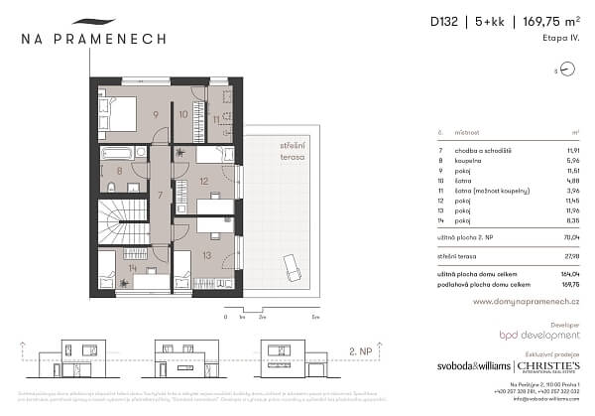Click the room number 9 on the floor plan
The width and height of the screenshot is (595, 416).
click(x=157, y=114)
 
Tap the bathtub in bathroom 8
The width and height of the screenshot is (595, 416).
click(x=117, y=152)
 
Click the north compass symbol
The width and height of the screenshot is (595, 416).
click(x=566, y=69)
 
